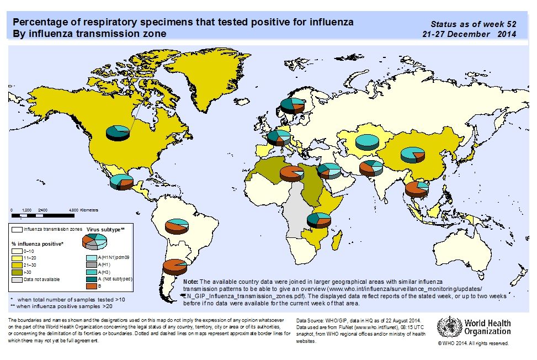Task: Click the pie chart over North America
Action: (118, 132)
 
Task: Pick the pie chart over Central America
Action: (121, 181)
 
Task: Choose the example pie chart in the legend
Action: (94, 241)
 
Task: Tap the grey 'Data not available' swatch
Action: (17, 279)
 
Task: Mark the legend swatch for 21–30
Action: (17, 265)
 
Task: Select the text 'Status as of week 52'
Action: (473, 24)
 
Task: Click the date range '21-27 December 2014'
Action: (468, 34)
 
